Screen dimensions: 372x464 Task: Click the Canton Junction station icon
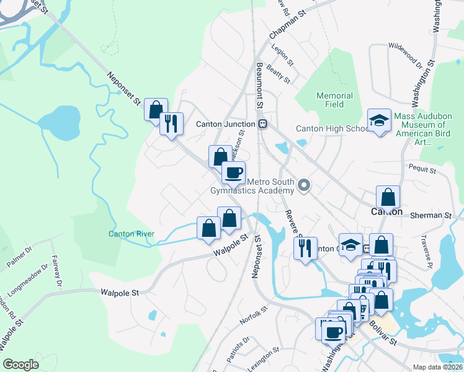[x=263, y=124]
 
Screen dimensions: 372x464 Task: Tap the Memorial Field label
[x=334, y=100]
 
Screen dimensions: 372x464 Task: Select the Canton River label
[x=131, y=234]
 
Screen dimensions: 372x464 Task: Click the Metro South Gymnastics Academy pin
[x=304, y=185]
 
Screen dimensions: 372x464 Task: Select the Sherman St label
[x=431, y=215]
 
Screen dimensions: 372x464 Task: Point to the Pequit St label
[x=424, y=169]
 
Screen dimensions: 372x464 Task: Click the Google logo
[x=20, y=365]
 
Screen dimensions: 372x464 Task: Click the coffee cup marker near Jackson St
[x=233, y=173]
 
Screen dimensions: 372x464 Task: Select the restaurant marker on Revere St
[x=305, y=249]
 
